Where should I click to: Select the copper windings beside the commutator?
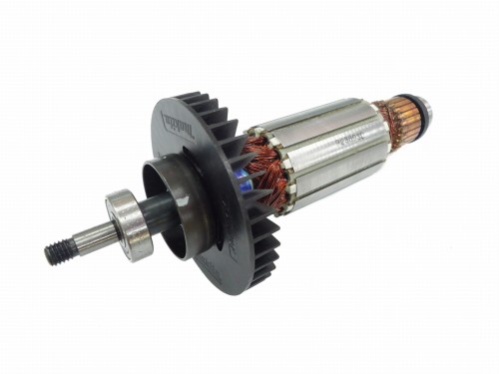tap(392, 124)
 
